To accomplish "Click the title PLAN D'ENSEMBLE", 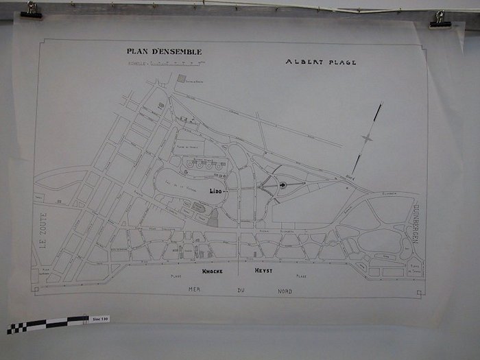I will pos(164,51).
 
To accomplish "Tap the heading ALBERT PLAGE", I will pos(321,62).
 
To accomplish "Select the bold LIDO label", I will pos(217,191).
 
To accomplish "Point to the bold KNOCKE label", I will pos(213,272).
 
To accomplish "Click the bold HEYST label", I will pos(263,272).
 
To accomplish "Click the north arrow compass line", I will pos(368,139).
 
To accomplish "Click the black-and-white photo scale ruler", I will pos(48,323).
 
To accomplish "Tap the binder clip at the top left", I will pos(31,10).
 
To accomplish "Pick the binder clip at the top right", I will pos(440,19).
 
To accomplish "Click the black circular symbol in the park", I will pos(282,185).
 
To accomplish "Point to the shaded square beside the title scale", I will pos(181,78).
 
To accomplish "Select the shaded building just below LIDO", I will pos(213,217).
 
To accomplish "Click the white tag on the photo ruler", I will pos(99,320).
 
